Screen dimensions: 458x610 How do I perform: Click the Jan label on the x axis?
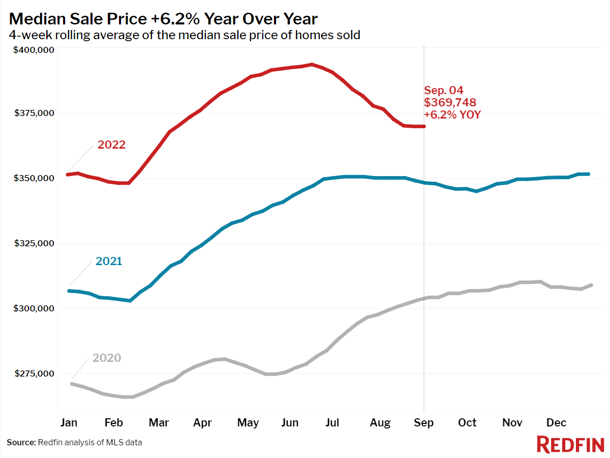click(69, 423)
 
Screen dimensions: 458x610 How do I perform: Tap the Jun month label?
click(290, 423)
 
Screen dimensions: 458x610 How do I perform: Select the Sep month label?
click(424, 423)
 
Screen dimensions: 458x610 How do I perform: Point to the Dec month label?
click(557, 423)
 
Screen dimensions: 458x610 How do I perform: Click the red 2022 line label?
click(111, 145)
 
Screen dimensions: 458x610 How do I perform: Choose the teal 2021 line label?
click(109, 262)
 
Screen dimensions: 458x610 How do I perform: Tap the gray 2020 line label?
click(107, 358)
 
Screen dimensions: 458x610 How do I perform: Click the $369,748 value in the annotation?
click(450, 103)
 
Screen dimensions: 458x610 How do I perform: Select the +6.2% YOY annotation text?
click(452, 115)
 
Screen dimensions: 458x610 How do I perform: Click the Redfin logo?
click(569, 444)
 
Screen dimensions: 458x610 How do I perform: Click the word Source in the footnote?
click(21, 443)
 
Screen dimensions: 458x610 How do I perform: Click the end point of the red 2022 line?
click(423, 126)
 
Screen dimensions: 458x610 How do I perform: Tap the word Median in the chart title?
click(38, 19)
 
